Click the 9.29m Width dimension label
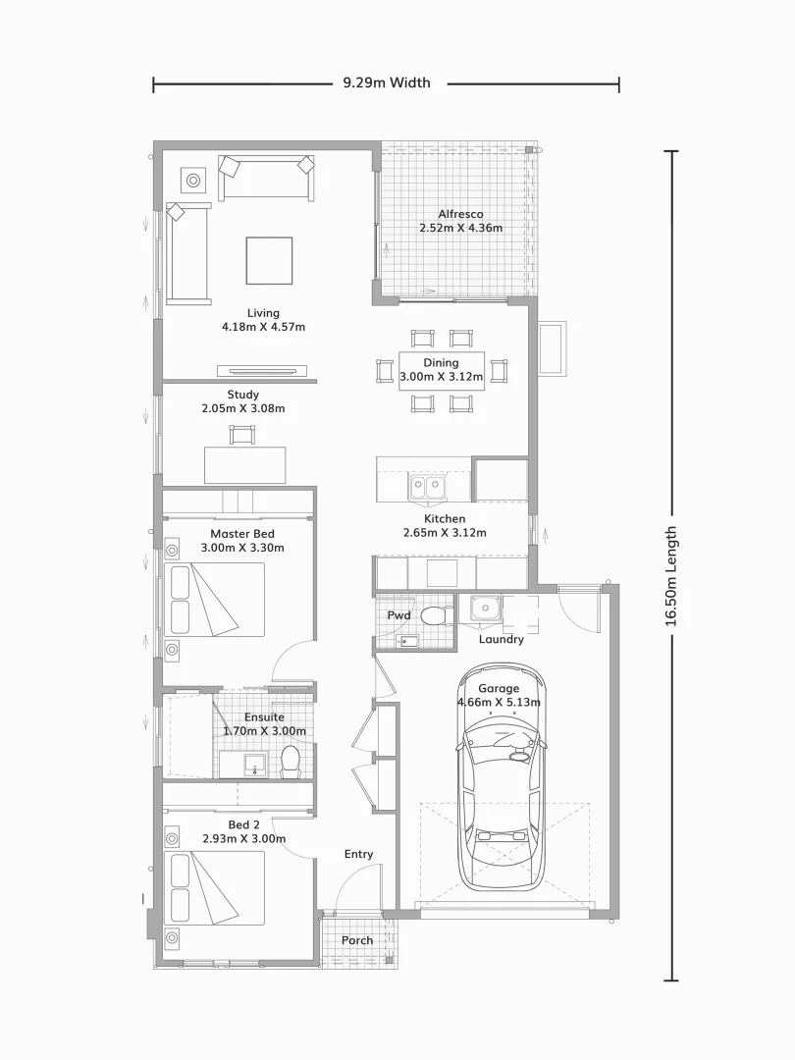[x=387, y=83]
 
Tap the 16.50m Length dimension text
[x=671, y=575]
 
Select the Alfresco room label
[x=460, y=214]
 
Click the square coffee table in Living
[x=268, y=260]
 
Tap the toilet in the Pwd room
[x=433, y=615]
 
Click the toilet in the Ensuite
[x=291, y=759]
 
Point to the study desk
[x=245, y=464]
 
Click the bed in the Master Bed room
[x=217, y=599]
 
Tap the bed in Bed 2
[x=217, y=887]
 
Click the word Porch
[x=357, y=940]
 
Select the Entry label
[x=358, y=854]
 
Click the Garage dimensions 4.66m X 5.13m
[x=499, y=702]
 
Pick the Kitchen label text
[x=445, y=518]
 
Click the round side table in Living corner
[x=192, y=181]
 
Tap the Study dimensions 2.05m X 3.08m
[x=242, y=408]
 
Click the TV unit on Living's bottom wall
[x=267, y=371]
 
